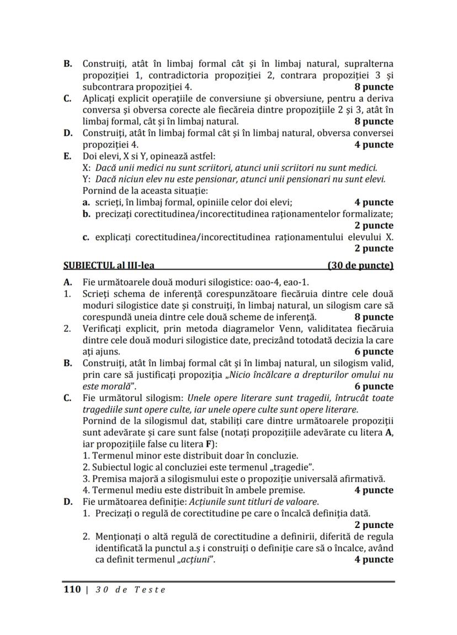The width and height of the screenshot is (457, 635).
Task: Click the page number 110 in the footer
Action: (72, 589)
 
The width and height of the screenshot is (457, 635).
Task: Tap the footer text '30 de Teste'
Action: (130, 589)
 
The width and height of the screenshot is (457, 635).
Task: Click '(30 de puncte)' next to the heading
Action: (360, 265)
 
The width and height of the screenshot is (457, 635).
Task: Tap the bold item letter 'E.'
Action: (68, 156)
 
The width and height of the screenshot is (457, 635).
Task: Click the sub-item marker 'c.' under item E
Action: (86, 237)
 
